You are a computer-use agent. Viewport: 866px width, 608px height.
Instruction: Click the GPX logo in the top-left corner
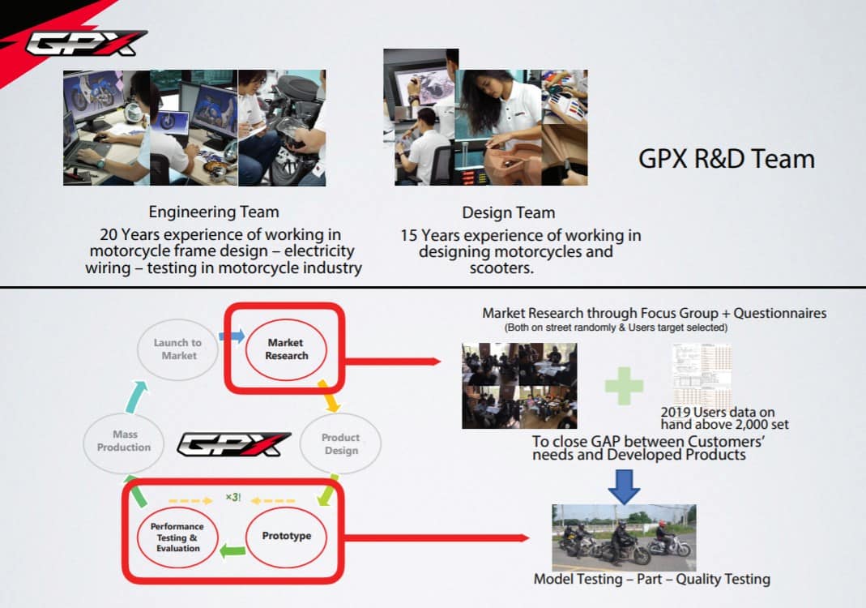[85, 43]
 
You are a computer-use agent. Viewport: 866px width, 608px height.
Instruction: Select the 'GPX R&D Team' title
[726, 159]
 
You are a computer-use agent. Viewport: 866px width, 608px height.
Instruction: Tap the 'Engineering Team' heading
[214, 212]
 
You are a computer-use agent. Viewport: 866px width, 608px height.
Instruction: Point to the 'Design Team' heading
[508, 212]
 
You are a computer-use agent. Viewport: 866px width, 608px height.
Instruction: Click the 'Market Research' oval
[286, 349]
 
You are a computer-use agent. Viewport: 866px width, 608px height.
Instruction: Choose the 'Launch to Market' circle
[178, 349]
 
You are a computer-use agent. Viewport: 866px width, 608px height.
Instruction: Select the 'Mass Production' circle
[124, 441]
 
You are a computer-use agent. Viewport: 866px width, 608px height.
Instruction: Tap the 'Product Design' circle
[340, 443]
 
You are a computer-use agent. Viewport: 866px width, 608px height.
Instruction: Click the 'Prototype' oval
[286, 536]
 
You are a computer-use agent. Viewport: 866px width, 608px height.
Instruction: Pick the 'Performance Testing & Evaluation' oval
[177, 537]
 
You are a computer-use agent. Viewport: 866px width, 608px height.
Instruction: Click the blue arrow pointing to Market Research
[231, 335]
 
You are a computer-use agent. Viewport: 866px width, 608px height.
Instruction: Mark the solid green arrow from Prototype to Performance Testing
[233, 551]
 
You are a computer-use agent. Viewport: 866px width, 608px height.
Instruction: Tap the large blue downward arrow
[623, 486]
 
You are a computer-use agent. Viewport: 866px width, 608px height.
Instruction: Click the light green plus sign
[624, 385]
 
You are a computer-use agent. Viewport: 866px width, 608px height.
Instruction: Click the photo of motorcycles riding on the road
[623, 537]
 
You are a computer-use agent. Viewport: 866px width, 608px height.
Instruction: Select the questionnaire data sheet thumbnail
[701, 375]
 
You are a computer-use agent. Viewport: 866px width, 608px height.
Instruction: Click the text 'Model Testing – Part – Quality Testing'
[651, 579]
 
